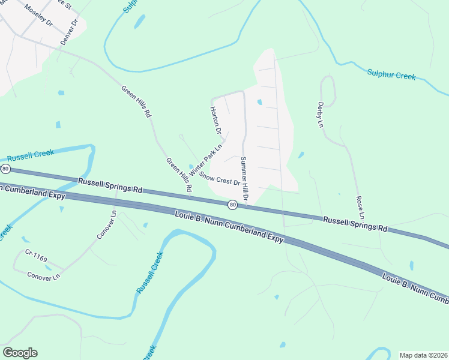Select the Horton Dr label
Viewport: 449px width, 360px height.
coord(215,121)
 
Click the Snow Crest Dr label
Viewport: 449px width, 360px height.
coord(220,178)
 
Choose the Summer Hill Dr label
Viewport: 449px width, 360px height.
coord(245,178)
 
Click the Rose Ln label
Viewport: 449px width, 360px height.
coord(360,207)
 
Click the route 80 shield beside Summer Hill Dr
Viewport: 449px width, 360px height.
coord(233,205)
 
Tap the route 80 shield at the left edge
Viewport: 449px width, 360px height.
coord(5,168)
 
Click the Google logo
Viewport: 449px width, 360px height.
coord(20,352)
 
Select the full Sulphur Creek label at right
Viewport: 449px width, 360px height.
coord(391,75)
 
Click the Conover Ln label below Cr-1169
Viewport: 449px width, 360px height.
coord(44,277)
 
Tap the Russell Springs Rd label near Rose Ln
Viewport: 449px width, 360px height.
coord(355,224)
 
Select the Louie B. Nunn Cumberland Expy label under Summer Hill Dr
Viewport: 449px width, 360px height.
coord(229,226)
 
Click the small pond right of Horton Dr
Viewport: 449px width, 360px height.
coord(259,103)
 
